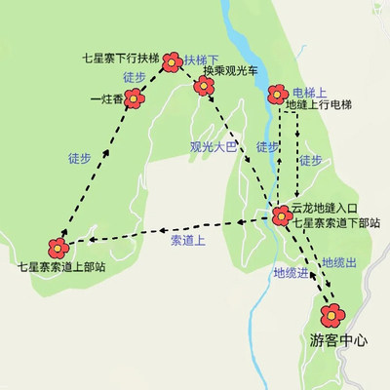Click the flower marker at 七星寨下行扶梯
coord(172,62)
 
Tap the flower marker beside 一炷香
coord(136,97)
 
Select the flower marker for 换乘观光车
coord(204,87)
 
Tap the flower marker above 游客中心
coord(333,314)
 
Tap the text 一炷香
coord(105,98)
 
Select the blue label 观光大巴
coord(214,148)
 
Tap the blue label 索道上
coord(188,239)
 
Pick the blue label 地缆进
coord(291,272)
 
